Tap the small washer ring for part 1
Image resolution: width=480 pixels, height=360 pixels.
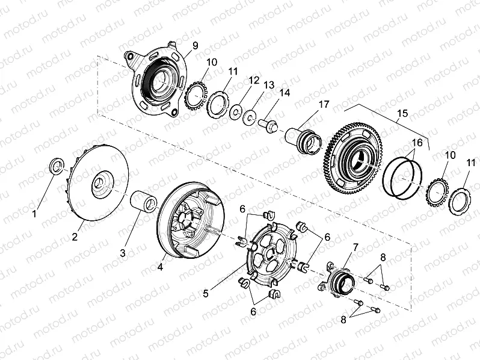(55, 164)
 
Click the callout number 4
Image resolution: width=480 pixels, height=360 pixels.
(161, 266)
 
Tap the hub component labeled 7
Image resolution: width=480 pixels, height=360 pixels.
(340, 278)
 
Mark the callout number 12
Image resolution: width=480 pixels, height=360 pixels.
(254, 79)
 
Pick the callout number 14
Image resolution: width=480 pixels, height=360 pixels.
(284, 93)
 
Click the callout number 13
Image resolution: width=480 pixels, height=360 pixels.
(268, 85)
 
